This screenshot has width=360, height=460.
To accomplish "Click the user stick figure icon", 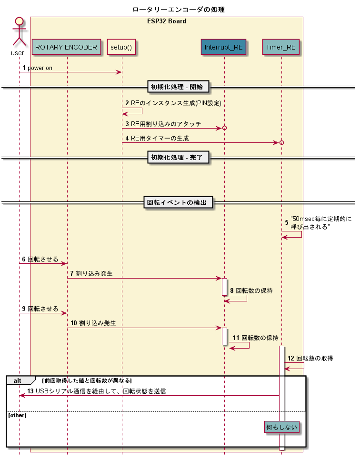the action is pyautogui.click(x=19, y=32).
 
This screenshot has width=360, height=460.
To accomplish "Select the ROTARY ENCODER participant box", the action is pyautogui.click(x=66, y=47).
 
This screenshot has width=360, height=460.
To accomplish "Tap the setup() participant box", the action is pyautogui.click(x=121, y=47).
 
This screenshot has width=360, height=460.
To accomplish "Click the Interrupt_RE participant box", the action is pyautogui.click(x=223, y=47).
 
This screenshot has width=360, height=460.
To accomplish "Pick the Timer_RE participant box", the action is pyautogui.click(x=281, y=47).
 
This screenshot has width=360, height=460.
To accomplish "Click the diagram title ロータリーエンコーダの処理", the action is pyautogui.click(x=179, y=10).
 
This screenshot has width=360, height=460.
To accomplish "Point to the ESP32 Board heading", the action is pyautogui.click(x=166, y=21).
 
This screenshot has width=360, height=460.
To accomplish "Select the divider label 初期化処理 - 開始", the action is pyautogui.click(x=179, y=87).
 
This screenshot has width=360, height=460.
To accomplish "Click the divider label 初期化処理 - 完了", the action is pyautogui.click(x=179, y=157).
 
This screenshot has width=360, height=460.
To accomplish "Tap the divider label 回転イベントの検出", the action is pyautogui.click(x=179, y=202).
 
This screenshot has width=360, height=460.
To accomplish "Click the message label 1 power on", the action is pyautogui.click(x=37, y=68).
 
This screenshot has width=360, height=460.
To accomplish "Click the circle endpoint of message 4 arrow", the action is pyautogui.click(x=281, y=142).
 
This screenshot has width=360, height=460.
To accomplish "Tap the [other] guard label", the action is pyautogui.click(x=17, y=415).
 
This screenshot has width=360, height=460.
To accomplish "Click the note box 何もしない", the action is pyautogui.click(x=281, y=427).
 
